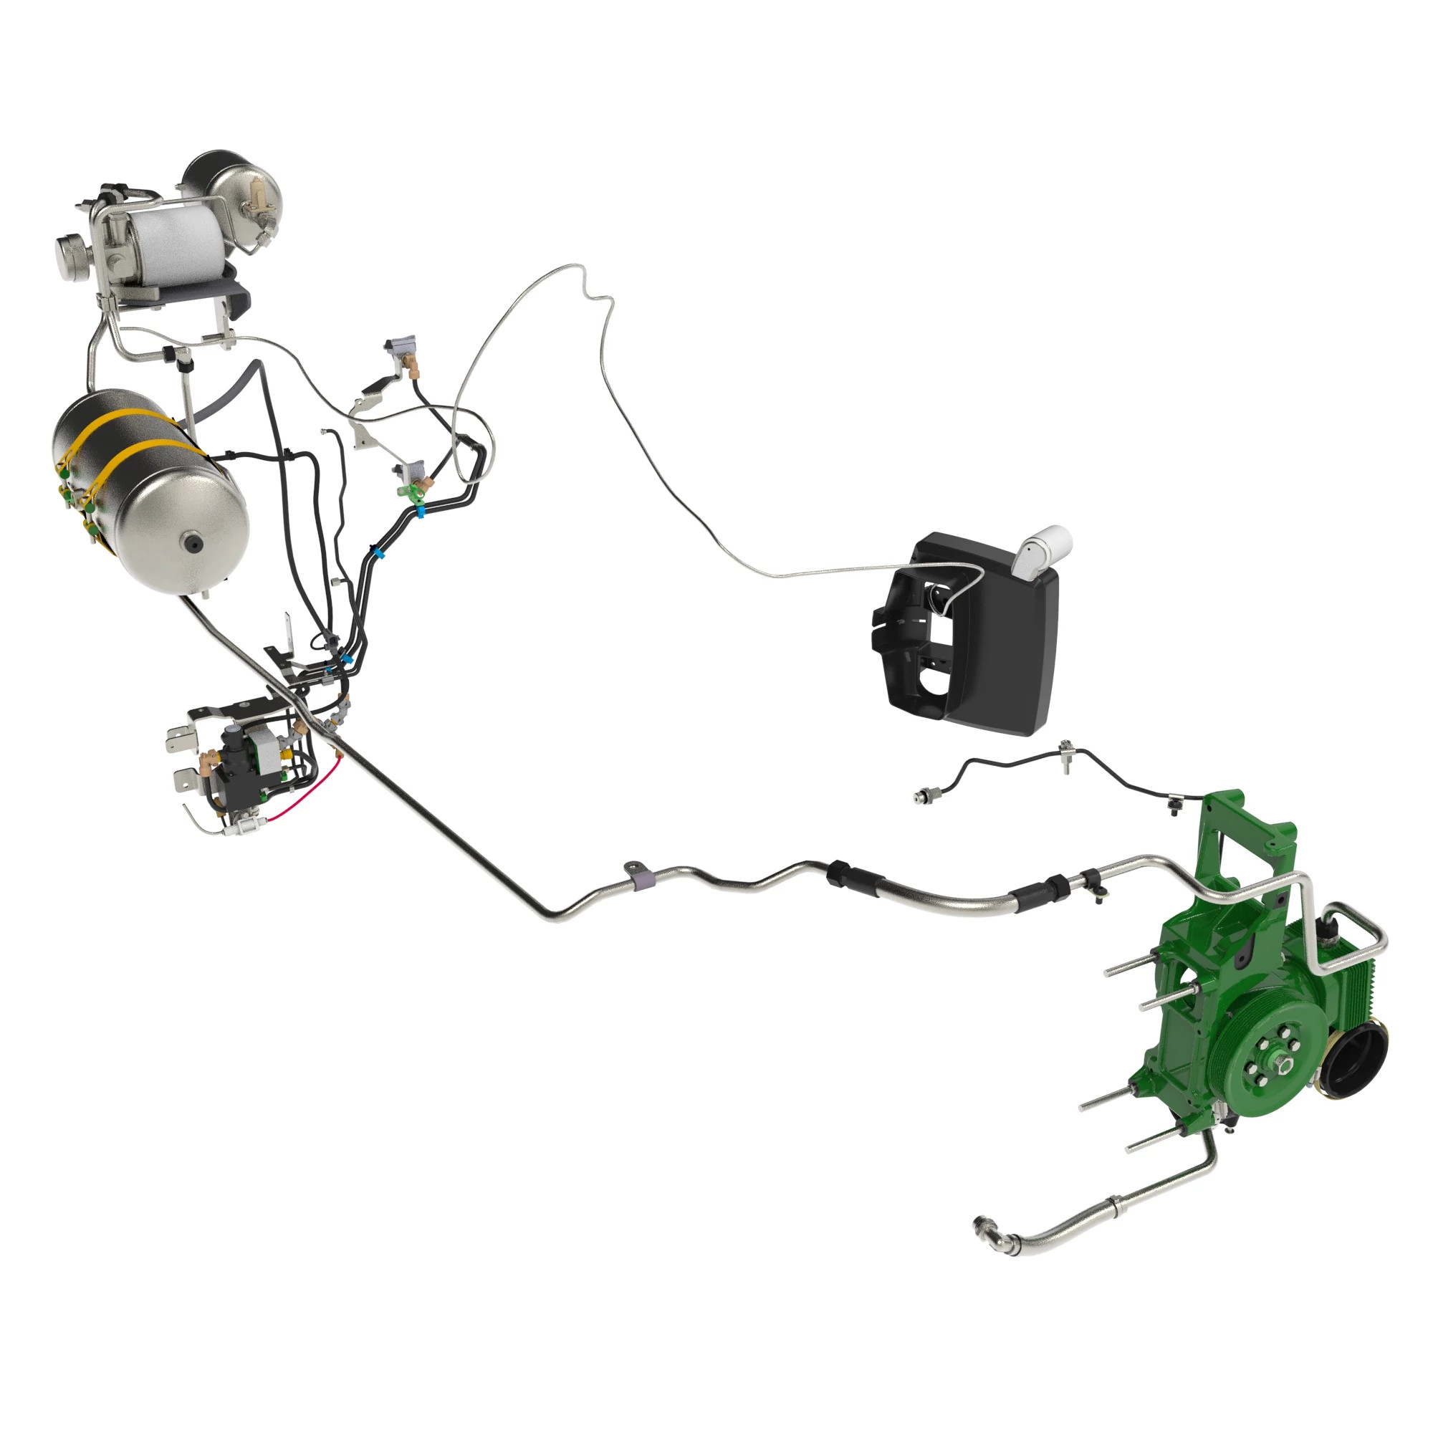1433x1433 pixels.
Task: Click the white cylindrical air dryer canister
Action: tap(176, 240)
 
